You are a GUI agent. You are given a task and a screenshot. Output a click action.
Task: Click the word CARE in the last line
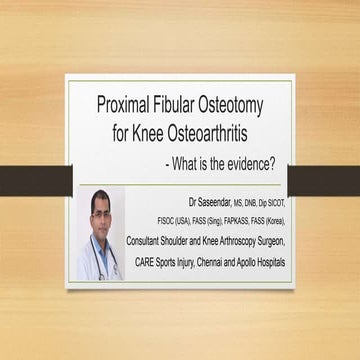pyautogui.click(x=143, y=263)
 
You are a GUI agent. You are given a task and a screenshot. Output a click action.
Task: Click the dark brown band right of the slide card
pyautogui.click(x=326, y=181)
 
